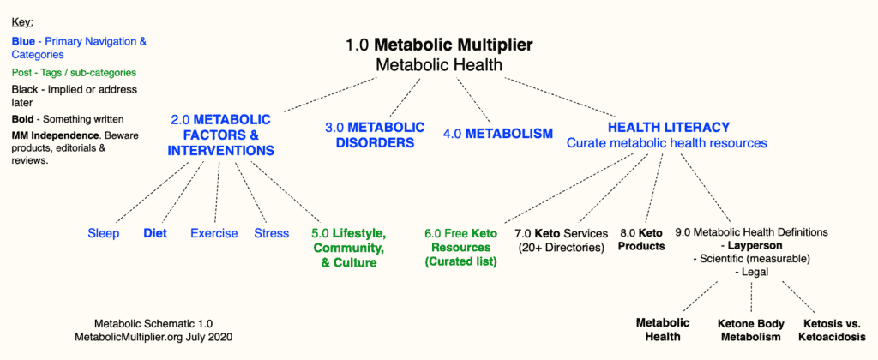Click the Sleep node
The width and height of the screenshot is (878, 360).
tap(104, 233)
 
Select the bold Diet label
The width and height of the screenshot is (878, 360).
tap(155, 233)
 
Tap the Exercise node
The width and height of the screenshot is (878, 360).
tap(213, 233)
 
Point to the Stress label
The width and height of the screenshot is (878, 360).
tap(272, 233)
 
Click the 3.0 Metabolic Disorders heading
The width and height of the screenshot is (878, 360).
tap(375, 135)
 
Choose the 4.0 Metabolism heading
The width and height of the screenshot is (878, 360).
tap(498, 134)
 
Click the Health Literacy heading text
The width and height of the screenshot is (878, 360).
tap(669, 127)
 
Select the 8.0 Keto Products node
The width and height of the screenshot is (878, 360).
tap(641, 240)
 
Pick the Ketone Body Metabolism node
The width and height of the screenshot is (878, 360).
tap(751, 330)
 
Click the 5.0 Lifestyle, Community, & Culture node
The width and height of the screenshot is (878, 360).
tap(349, 248)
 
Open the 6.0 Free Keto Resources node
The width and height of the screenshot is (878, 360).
tap(461, 248)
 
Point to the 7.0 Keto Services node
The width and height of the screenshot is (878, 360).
tap(561, 240)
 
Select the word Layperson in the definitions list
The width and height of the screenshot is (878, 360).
tap(755, 245)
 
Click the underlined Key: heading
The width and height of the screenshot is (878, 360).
tap(22, 23)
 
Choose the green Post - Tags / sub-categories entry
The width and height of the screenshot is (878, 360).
tap(74, 73)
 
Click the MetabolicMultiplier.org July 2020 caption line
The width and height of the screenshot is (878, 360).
tap(153, 337)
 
